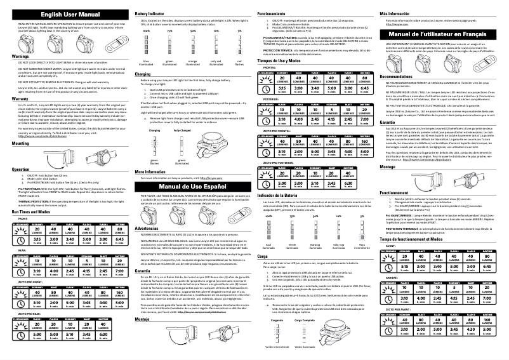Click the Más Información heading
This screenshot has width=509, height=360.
[x=393, y=13]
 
